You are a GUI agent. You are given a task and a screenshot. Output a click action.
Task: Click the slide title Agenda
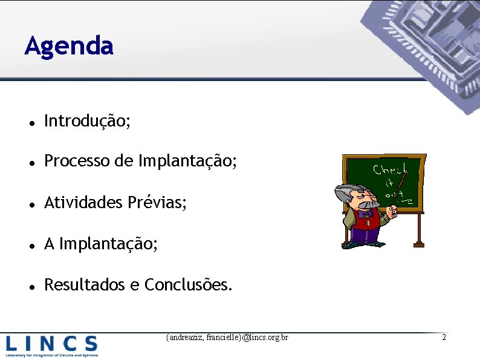(69, 46)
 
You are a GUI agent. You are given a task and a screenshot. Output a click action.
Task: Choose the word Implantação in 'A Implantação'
(109, 244)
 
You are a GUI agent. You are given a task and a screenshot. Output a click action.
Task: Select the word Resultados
(85, 284)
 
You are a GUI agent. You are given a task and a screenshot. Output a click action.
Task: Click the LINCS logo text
(51, 344)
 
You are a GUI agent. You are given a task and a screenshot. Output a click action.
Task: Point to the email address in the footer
(227, 337)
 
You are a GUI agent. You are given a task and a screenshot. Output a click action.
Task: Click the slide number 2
(444, 337)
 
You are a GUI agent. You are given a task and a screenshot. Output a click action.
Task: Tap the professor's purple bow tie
(365, 213)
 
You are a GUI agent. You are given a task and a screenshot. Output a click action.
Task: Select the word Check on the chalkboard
(390, 170)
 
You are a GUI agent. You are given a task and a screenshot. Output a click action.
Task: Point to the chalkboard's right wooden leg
(418, 230)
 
